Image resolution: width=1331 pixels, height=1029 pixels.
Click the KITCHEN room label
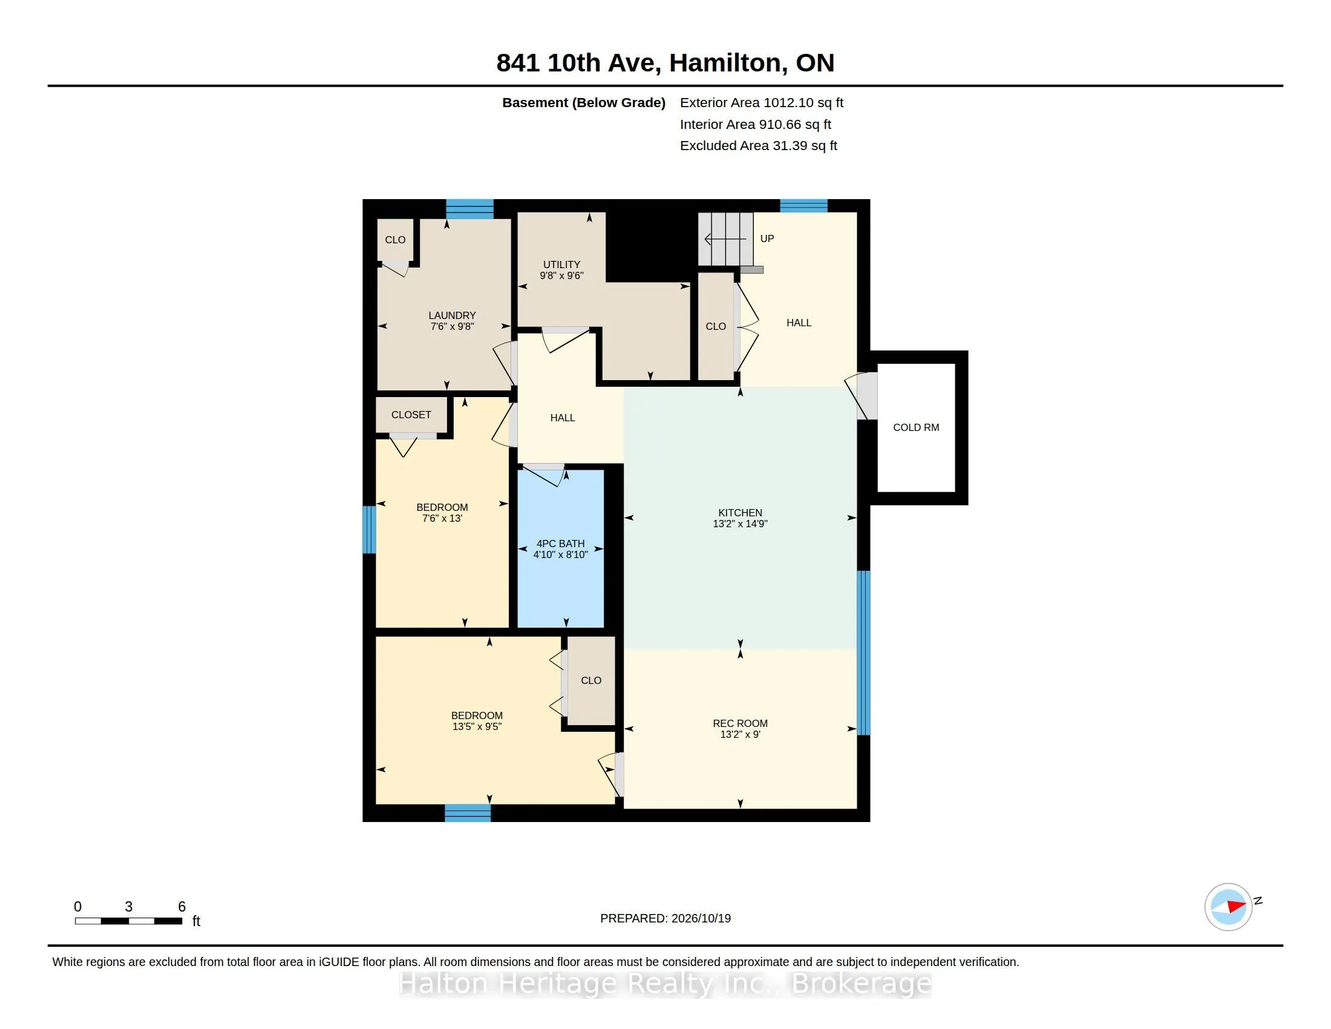tap(740, 513)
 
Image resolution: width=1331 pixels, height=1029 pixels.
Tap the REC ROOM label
tap(740, 723)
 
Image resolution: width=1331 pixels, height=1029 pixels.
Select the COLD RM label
tap(916, 427)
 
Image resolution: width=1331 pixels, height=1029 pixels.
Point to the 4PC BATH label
tap(560, 544)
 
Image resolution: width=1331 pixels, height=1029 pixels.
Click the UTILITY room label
tap(561, 265)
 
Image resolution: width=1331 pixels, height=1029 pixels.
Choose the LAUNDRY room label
tap(451, 315)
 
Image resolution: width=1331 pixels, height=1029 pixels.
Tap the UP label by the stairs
tap(767, 238)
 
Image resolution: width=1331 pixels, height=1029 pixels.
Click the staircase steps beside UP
tap(725, 239)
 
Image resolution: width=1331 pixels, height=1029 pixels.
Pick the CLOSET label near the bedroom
tap(411, 415)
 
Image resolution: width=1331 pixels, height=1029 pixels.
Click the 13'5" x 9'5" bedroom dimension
tap(477, 726)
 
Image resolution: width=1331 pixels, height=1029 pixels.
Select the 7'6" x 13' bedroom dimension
tap(442, 518)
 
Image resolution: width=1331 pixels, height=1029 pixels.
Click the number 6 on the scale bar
tap(181, 907)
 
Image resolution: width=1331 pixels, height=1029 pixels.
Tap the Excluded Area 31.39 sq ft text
tap(758, 146)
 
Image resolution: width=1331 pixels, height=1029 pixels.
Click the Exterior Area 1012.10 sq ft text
tap(761, 103)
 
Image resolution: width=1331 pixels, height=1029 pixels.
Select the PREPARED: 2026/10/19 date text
tap(665, 918)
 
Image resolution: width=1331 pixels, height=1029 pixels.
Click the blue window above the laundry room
tap(469, 209)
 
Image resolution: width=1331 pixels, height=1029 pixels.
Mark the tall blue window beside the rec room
tap(863, 653)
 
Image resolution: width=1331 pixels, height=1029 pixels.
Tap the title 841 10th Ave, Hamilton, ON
tap(665, 63)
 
